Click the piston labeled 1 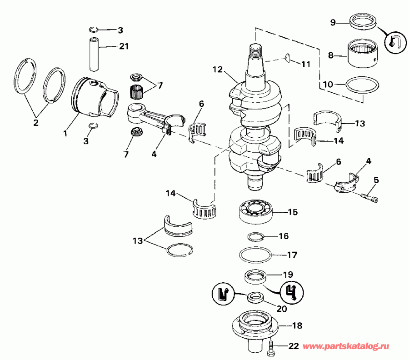93,100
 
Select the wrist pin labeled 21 95,54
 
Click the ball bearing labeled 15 256,211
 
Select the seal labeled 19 255,276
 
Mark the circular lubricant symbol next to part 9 394,43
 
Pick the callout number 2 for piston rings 35,123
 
